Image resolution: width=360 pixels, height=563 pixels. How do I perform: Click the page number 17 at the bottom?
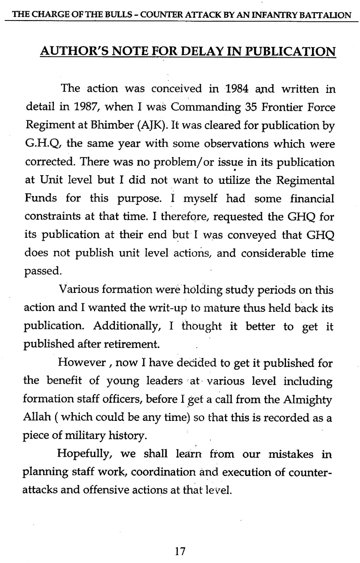pos(180,551)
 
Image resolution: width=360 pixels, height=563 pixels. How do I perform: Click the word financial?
pos(312,198)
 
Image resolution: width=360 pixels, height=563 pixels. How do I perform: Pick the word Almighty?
pos(307,400)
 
